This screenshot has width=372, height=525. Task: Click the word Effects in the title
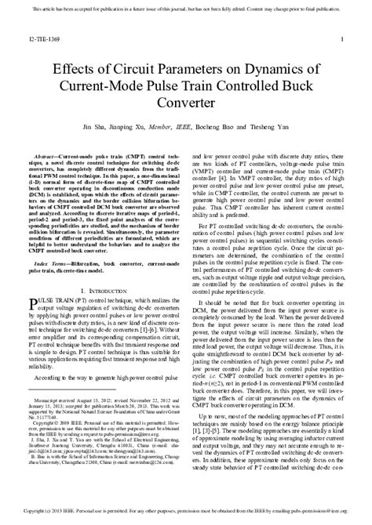[74, 68]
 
